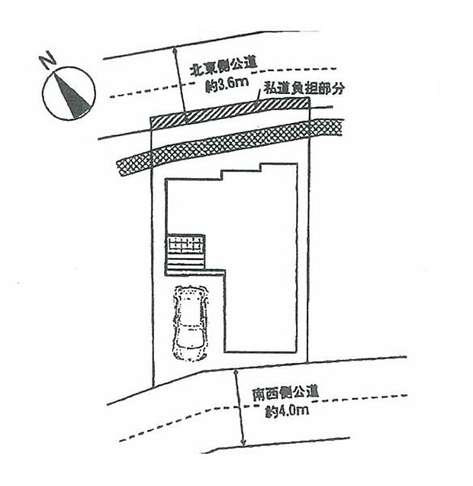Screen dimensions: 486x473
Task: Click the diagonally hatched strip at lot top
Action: click(229, 117)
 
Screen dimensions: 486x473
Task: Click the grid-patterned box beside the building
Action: click(186, 245)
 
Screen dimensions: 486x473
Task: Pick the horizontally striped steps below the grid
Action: click(186, 263)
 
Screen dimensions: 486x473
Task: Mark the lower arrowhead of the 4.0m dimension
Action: click(243, 442)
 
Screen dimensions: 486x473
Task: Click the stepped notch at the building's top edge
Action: click(241, 171)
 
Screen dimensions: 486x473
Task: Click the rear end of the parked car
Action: click(189, 353)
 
